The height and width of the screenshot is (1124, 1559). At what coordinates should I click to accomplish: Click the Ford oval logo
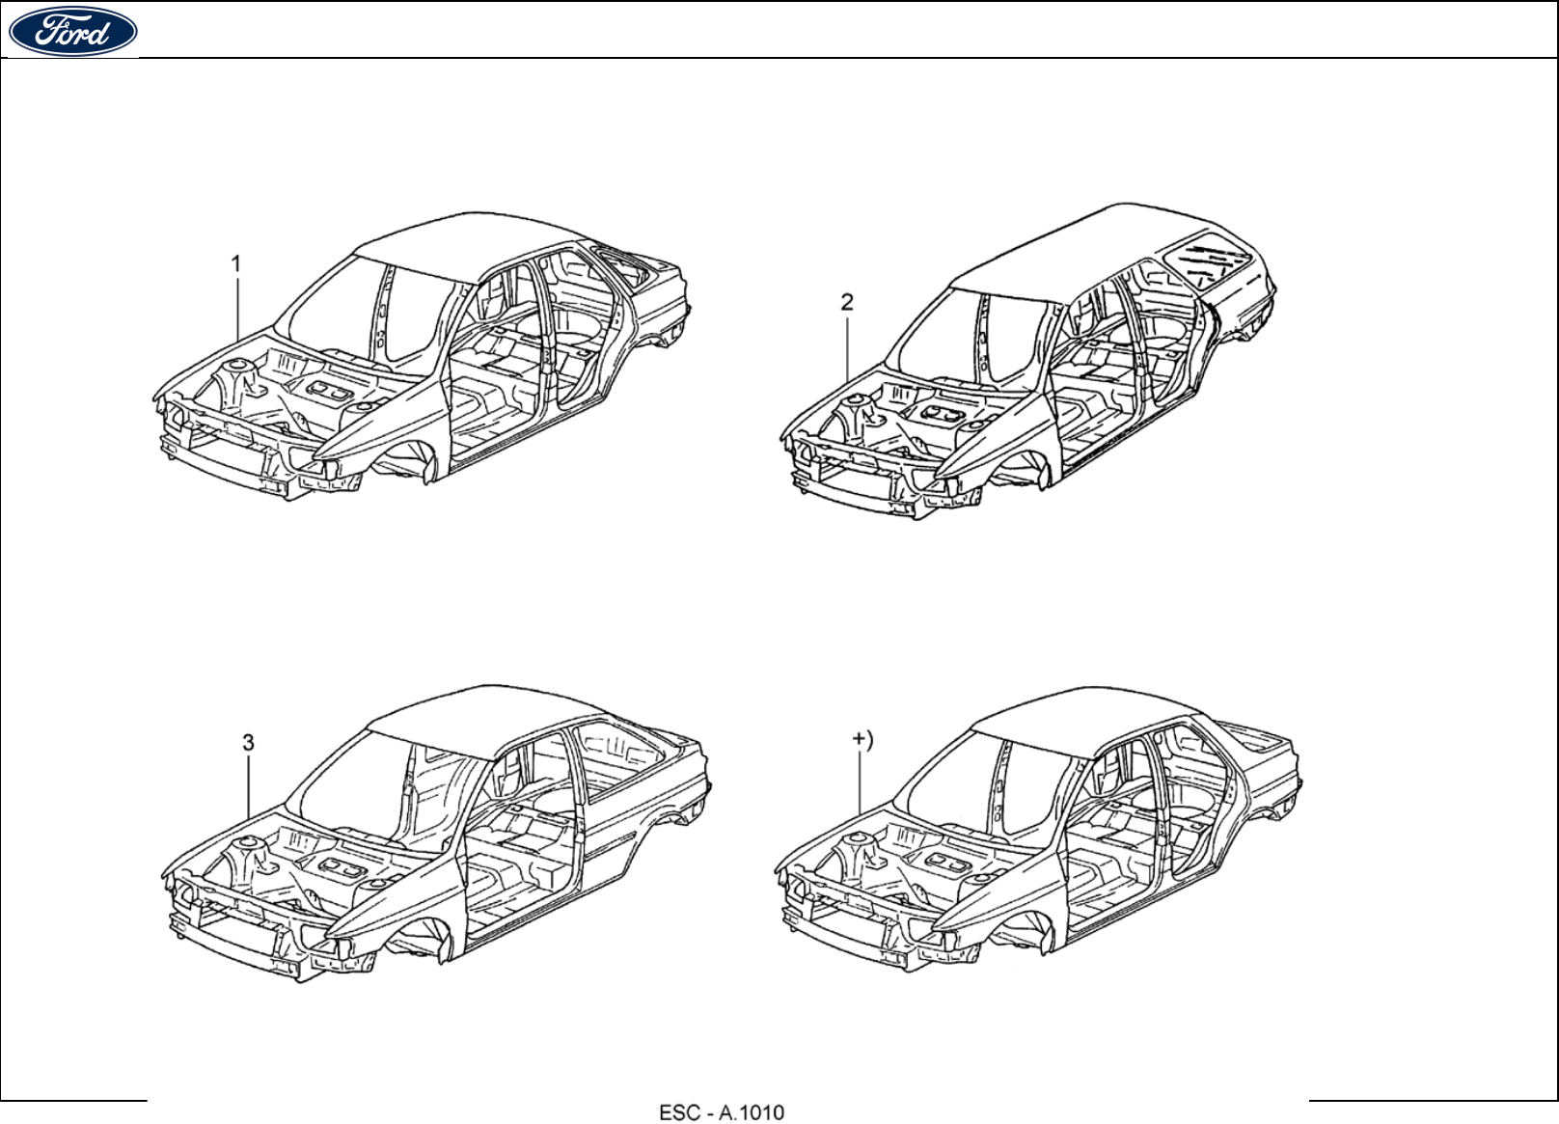[72, 32]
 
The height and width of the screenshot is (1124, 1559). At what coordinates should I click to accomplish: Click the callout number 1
[236, 263]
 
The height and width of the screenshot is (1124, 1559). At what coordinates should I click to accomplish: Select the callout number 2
[847, 302]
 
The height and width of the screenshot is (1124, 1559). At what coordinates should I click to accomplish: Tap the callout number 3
[248, 742]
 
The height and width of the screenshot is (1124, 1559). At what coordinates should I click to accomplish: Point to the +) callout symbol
[862, 740]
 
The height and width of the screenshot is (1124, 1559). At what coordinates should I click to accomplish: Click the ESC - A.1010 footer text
[722, 1112]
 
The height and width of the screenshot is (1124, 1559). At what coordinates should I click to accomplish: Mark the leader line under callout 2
[848, 347]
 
